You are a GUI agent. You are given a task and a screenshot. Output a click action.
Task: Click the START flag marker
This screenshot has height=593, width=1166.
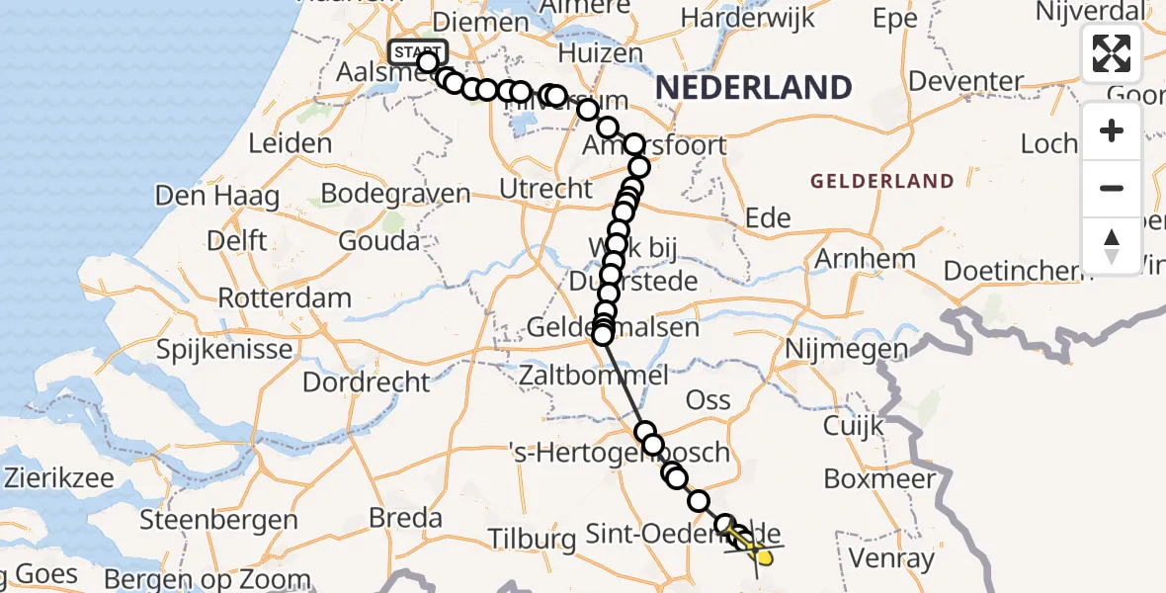(x=418, y=52)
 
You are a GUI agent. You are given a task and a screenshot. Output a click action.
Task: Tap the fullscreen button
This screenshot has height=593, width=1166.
(x=1112, y=53)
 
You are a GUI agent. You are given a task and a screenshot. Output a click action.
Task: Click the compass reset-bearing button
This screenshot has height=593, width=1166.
(x=1112, y=245)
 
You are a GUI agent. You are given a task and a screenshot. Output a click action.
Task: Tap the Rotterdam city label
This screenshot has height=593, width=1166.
(x=285, y=297)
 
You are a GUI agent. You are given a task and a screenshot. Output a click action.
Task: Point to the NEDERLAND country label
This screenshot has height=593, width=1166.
(x=753, y=88)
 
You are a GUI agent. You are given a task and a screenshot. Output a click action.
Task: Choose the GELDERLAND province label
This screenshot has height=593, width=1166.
(x=882, y=182)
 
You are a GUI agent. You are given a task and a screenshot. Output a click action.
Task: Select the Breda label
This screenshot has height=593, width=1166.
(x=405, y=518)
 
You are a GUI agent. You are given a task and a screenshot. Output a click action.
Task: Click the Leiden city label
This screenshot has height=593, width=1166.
(x=290, y=144)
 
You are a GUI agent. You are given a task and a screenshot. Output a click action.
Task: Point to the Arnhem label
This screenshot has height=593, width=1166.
(x=851, y=259)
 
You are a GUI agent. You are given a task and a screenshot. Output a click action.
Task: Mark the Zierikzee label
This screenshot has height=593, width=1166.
(x=59, y=478)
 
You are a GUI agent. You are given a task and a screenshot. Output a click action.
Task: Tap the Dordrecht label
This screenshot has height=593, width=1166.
(x=367, y=382)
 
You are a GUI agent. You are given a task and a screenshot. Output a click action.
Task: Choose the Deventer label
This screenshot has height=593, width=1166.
(x=964, y=81)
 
